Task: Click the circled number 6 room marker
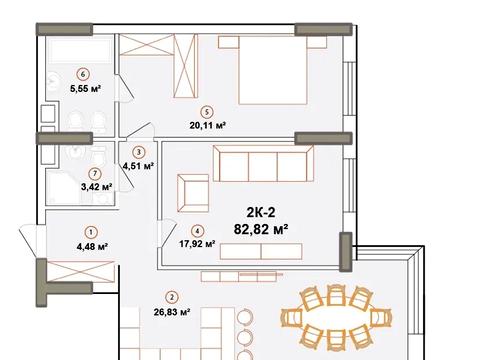(x=83, y=74)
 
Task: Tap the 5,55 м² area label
(x=85, y=89)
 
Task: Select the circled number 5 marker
(x=207, y=112)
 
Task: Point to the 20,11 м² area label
(x=208, y=126)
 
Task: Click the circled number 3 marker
(x=139, y=152)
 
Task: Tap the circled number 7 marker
(x=96, y=174)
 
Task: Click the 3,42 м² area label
(x=97, y=187)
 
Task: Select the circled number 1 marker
(x=91, y=232)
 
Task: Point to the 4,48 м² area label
(x=92, y=247)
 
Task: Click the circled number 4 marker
(x=198, y=231)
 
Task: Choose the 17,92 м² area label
(x=197, y=244)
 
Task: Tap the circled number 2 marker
(x=172, y=298)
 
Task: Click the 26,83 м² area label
(x=172, y=312)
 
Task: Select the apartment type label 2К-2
(x=261, y=212)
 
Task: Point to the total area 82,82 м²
(x=261, y=229)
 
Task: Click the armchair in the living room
(x=193, y=193)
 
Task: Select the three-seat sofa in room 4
(x=263, y=163)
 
